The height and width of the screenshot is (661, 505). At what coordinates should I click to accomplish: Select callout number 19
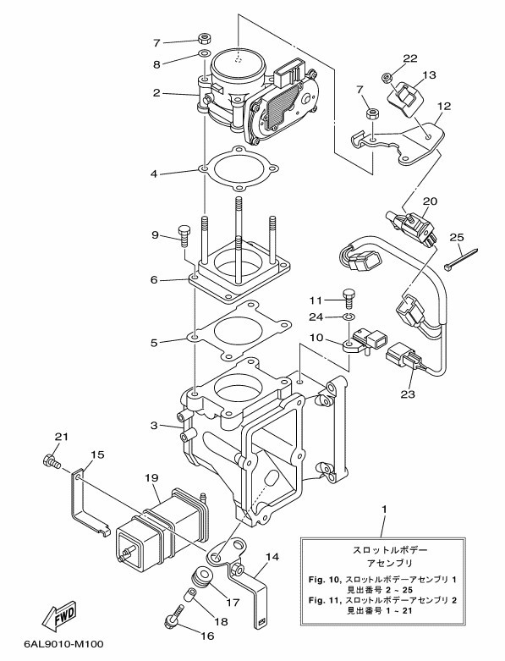pos(151,478)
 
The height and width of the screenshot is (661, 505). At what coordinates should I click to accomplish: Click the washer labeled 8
pos(204,53)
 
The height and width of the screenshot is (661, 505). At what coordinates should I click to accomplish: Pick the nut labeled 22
pos(387,78)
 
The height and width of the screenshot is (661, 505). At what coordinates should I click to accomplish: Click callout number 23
pos(408,394)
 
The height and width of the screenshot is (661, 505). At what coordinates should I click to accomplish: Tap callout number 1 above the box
pos(384,510)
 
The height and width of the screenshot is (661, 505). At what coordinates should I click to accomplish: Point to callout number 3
pos(155,426)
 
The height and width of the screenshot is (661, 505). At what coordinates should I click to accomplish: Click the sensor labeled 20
pos(411,226)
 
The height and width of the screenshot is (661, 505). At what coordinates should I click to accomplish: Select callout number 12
pos(444,106)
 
